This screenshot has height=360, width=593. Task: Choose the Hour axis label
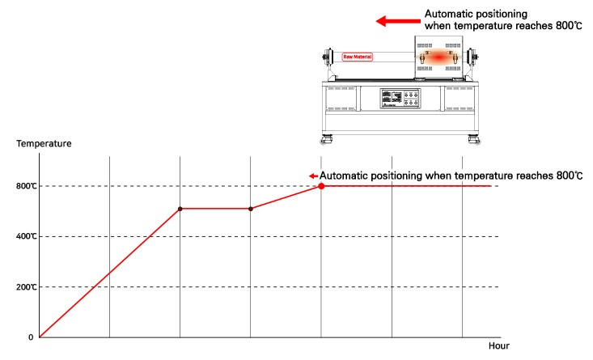[498, 346]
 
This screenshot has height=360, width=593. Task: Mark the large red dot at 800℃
[321, 186]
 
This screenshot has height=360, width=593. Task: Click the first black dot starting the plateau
[180, 209]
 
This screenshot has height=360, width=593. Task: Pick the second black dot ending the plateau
[251, 209]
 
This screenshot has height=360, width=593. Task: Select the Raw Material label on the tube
[357, 57]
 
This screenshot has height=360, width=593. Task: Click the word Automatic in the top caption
[449, 15]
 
